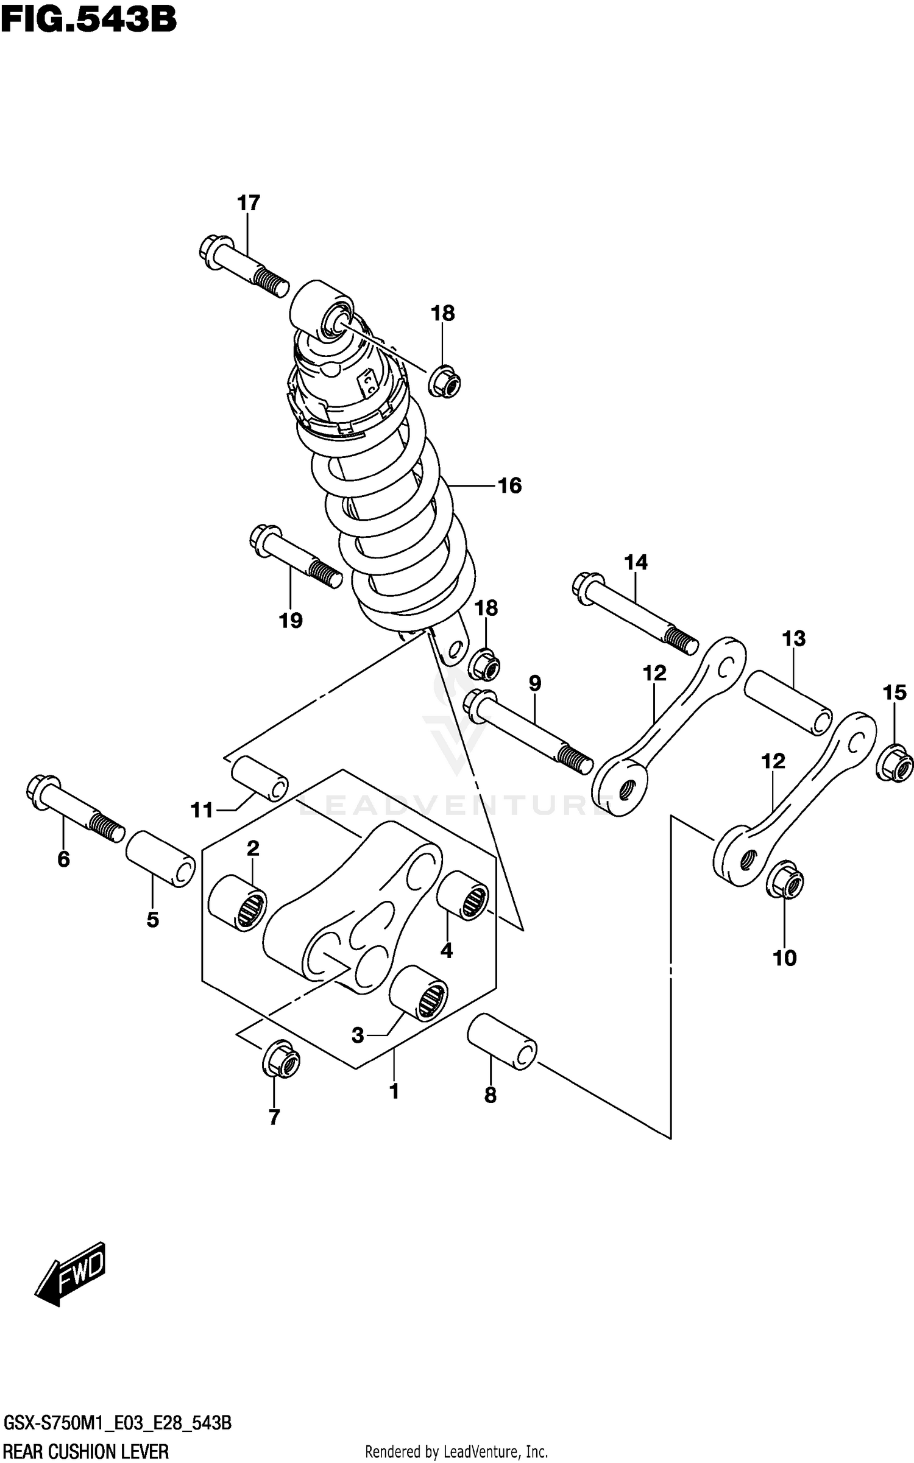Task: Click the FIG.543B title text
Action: coord(89,19)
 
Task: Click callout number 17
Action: coord(249,203)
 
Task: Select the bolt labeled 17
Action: coord(244,266)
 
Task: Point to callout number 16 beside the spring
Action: coord(510,485)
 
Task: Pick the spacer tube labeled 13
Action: coord(788,703)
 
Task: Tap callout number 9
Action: coord(534,683)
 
